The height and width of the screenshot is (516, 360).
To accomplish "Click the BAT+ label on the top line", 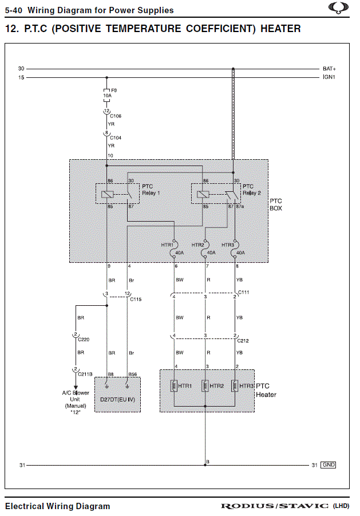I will (329, 69).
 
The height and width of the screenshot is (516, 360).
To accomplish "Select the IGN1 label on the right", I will (329, 77).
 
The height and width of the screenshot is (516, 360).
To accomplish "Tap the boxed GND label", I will (329, 465).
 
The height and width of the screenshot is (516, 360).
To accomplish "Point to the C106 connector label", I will (116, 116).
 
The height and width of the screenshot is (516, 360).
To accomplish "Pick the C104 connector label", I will (116, 138).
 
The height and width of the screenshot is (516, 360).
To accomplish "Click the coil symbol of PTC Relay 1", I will (106, 195).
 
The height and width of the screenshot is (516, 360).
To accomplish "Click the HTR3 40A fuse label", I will (228, 245).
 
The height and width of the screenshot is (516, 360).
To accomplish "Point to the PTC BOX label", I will (276, 204).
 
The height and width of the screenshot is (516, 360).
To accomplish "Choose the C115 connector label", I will (136, 299).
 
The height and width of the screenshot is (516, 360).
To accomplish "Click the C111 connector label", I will (244, 292).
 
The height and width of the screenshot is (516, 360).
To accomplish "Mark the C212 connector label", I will (244, 341).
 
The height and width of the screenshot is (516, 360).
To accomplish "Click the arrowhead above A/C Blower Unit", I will (75, 387).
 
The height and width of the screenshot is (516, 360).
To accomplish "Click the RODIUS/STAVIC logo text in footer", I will (275, 506).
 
